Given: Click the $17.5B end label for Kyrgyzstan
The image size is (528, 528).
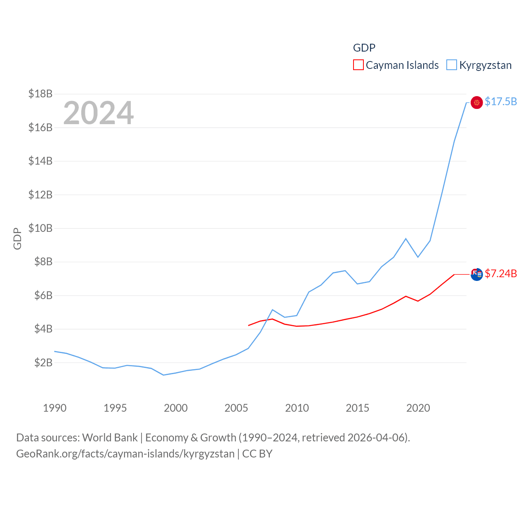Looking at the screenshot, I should (x=501, y=101).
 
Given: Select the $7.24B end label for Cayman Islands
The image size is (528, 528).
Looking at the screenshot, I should (x=501, y=273).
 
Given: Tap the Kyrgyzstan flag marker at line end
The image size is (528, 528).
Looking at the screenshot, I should (x=476, y=102).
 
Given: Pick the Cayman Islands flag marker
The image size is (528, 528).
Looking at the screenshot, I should (x=476, y=274).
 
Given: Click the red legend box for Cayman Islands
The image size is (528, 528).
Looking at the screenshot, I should (x=358, y=65).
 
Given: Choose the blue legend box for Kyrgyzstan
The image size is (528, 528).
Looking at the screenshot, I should (x=452, y=65).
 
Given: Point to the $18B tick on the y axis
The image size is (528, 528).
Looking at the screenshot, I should (x=40, y=94).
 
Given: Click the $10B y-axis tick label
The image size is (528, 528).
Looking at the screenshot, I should (x=40, y=228).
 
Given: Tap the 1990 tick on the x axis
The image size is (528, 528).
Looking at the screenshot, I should (x=54, y=408).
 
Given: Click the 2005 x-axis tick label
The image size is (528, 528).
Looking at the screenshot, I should (x=236, y=408).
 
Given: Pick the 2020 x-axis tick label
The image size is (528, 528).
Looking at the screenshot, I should (x=418, y=408).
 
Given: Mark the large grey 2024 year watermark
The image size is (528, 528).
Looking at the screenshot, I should (x=98, y=113).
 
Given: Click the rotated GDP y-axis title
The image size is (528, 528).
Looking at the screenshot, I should (x=17, y=238).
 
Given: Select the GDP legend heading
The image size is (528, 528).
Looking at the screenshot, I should (x=364, y=48).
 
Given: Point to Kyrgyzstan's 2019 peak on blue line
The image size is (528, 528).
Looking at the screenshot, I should (x=406, y=238).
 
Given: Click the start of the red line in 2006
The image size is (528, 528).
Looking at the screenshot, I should (x=248, y=325).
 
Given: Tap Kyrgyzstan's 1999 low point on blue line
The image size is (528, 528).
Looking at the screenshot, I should (x=164, y=375).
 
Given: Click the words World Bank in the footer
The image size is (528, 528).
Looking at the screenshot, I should (x=110, y=437).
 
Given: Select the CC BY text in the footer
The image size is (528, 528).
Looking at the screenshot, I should (x=257, y=454).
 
